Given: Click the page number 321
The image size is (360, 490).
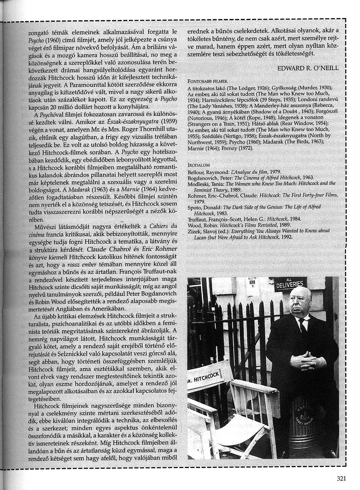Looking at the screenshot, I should pos(341,479).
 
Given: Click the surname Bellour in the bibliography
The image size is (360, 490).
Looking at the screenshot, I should pos(196,172).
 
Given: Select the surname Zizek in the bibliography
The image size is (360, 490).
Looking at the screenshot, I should pos(194,231).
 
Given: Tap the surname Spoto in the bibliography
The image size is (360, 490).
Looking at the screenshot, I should pos(195,207).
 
